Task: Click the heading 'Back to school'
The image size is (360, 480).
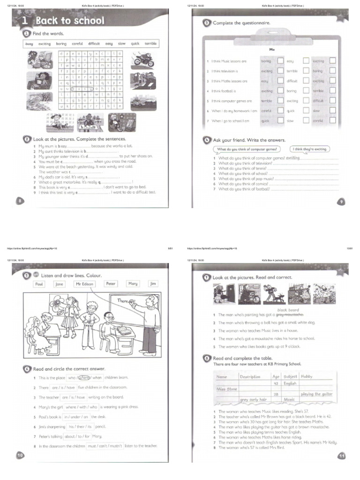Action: (x=70, y=21)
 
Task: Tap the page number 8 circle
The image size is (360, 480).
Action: (x=20, y=201)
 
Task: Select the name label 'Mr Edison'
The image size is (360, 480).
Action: (x=85, y=284)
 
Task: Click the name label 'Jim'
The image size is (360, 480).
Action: (x=153, y=284)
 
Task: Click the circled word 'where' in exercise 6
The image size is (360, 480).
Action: (x=84, y=377)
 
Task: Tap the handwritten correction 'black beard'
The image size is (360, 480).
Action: (x=288, y=310)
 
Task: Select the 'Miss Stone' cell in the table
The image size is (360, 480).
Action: (x=227, y=389)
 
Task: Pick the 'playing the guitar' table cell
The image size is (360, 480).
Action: (x=316, y=394)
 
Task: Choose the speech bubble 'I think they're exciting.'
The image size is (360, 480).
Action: (x=310, y=149)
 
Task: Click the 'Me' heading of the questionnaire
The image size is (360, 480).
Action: (x=271, y=49)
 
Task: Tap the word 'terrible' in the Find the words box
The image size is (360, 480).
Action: (x=150, y=43)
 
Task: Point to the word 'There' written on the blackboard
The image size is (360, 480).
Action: (x=123, y=300)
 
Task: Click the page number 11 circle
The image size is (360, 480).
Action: (x=341, y=455)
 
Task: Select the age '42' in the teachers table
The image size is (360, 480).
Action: (x=276, y=383)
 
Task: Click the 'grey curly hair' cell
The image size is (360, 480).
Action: (x=253, y=399)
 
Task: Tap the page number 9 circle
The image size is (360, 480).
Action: (x=341, y=201)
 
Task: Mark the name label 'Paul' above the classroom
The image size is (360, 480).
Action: (x=39, y=284)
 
